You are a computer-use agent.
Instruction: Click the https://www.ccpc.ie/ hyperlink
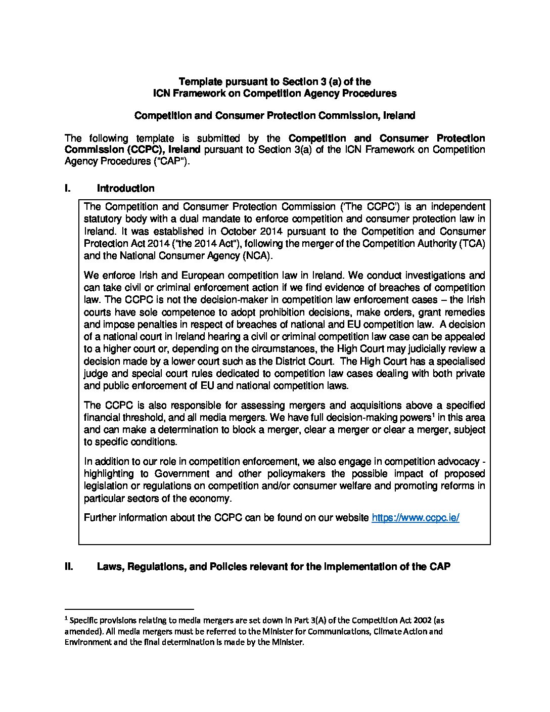coord(415,518)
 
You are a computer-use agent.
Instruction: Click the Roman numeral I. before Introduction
coord(68,189)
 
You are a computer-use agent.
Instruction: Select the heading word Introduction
coord(125,189)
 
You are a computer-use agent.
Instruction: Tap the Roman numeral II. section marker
coord(69,567)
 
